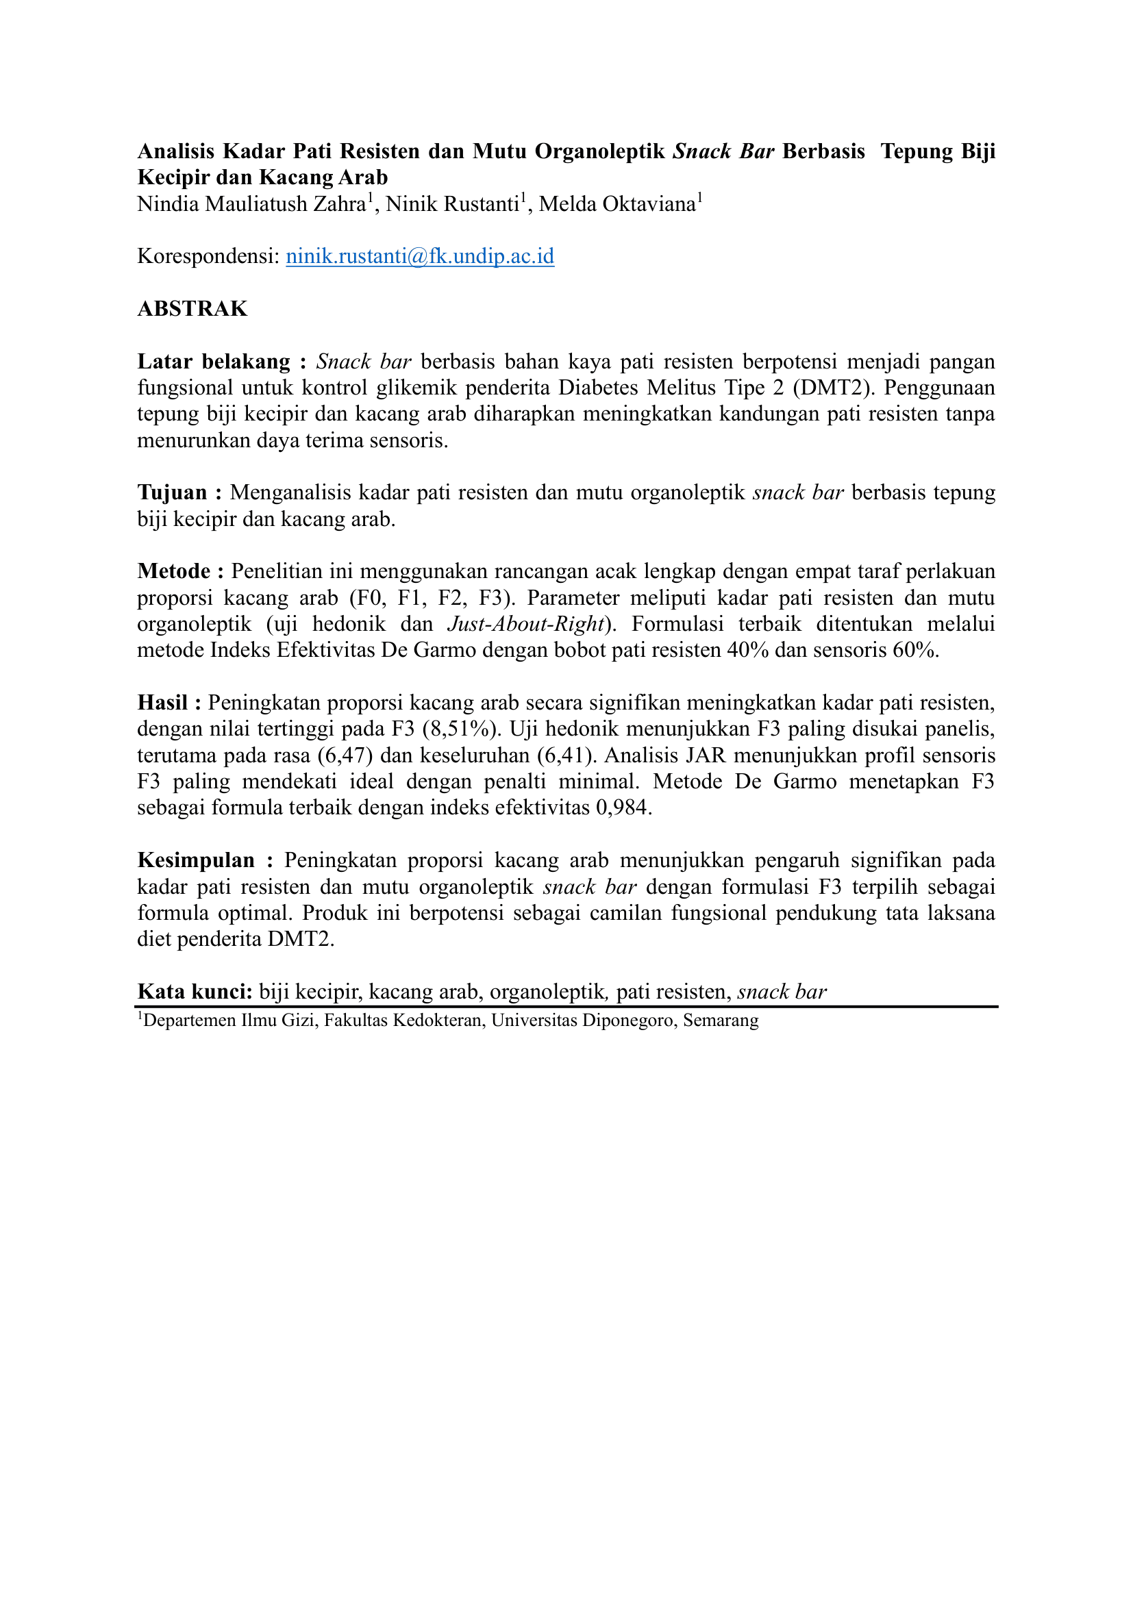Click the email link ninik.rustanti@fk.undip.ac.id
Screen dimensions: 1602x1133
click(x=420, y=257)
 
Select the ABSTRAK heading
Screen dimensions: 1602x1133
click(x=192, y=309)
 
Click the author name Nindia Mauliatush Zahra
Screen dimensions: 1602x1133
click(x=251, y=204)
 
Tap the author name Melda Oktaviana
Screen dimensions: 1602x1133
click(x=617, y=204)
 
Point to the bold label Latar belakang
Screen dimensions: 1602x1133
click(x=214, y=362)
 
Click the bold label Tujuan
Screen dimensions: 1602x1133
click(x=173, y=492)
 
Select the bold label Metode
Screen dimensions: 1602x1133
click(x=174, y=571)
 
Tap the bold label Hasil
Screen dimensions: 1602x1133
click(x=162, y=703)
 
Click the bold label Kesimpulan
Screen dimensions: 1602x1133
click(x=196, y=860)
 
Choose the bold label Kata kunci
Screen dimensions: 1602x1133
click(x=195, y=992)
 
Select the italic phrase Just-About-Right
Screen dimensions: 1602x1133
click(x=525, y=624)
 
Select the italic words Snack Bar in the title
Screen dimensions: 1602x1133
click(x=723, y=151)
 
